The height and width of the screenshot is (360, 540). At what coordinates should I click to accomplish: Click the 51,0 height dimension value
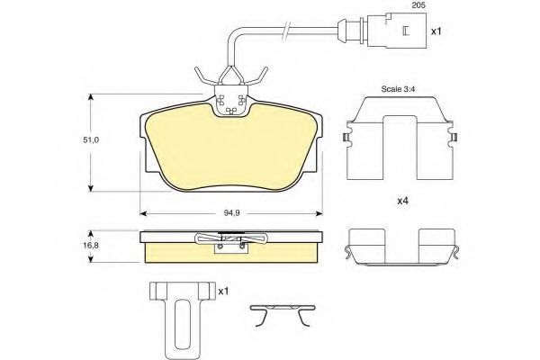91,139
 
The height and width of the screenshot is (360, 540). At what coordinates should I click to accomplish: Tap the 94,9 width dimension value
232,213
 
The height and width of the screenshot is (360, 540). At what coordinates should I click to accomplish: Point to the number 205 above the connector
418,5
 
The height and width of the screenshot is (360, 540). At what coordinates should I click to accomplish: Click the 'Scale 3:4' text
398,89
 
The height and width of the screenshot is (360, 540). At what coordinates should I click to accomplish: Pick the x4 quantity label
402,201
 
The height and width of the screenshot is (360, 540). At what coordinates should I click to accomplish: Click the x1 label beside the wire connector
436,31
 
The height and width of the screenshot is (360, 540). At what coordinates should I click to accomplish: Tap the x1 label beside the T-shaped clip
223,292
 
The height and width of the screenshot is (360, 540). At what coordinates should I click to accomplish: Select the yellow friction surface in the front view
230,151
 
